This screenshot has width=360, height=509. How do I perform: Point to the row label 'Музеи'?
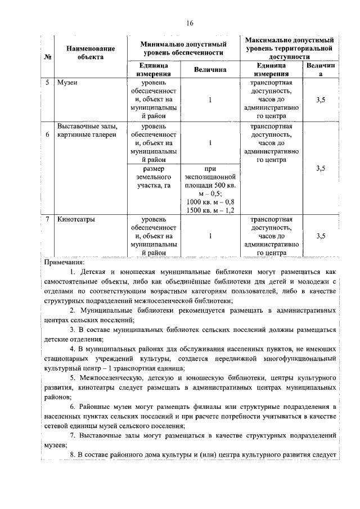click(67, 83)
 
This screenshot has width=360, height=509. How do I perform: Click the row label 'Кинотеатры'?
click(76, 219)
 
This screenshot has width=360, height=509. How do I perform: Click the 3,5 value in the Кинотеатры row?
click(321, 236)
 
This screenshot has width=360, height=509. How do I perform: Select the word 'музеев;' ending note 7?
click(55, 444)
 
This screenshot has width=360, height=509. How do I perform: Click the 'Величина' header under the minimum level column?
click(209, 69)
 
